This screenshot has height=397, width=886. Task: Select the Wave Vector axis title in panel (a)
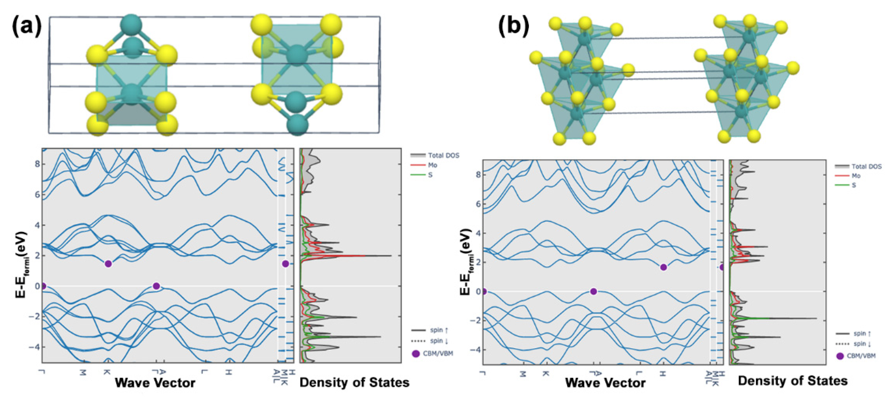pyautogui.click(x=155, y=382)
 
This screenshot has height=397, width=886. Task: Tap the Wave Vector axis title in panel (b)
pyautogui.click(x=605, y=382)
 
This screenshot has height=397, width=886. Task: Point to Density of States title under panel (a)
pyautogui.click(x=354, y=382)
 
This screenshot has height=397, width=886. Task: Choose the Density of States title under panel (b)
pyautogui.click(x=792, y=380)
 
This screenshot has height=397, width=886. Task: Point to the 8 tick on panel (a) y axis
pyautogui.click(x=37, y=164)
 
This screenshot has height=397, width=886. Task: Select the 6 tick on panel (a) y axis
pyautogui.click(x=37, y=195)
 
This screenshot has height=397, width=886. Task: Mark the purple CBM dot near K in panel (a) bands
pyautogui.click(x=108, y=264)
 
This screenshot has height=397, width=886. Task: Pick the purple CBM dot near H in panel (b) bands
pyautogui.click(x=663, y=267)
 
